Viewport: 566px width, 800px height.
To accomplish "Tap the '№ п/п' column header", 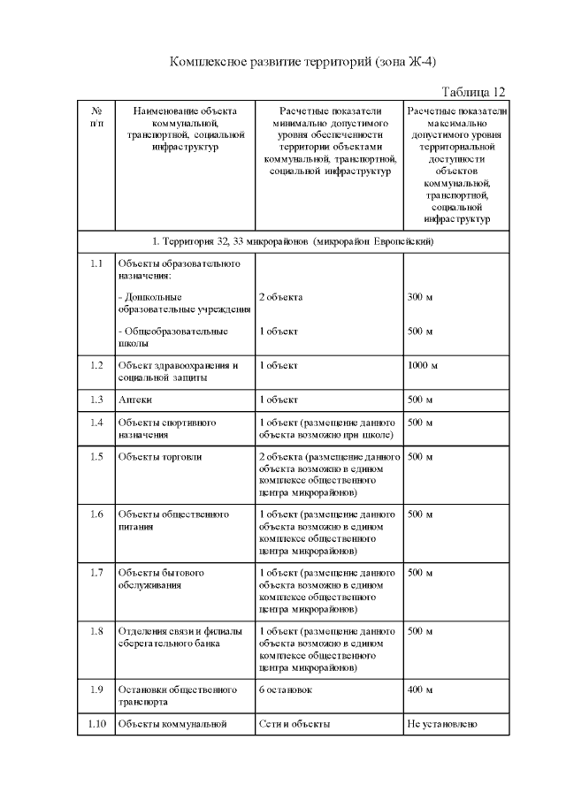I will coord(96,118).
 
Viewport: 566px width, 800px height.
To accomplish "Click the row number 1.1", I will coord(96,263).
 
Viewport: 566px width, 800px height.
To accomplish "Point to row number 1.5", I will coord(96,456).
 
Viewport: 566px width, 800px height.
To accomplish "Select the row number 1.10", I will coord(96,724).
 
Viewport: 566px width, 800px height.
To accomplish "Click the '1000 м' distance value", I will coord(423,365).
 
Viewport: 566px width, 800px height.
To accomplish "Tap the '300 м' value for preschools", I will coord(420,297).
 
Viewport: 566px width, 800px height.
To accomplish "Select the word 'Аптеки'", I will coord(135,400).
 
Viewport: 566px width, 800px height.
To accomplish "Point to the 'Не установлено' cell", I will coord(442,724).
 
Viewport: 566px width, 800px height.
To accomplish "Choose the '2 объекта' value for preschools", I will coord(281,297).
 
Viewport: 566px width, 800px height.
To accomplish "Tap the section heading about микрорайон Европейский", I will coord(292,240).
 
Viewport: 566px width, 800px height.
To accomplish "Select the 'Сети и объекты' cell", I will coord(294,724).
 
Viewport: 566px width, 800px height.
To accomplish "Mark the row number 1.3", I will coord(96,400).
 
